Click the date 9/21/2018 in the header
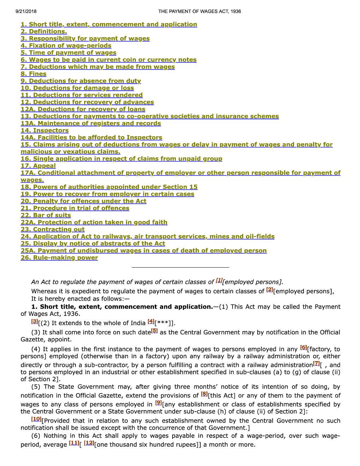click(x=26, y=11)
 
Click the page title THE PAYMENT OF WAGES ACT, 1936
click(x=199, y=11)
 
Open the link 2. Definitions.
click(x=44, y=31)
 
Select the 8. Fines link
click(x=34, y=74)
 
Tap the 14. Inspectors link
click(x=44, y=130)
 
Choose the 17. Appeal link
click(x=38, y=166)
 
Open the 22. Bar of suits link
click(x=46, y=215)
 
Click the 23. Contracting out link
click(x=53, y=229)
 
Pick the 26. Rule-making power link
click(x=59, y=257)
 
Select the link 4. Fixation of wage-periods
click(x=66, y=46)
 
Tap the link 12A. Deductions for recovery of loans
click(x=83, y=109)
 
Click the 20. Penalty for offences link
click(x=83, y=201)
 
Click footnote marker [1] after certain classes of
click(x=219, y=280)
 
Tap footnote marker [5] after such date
click(x=154, y=331)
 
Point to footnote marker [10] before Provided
click(x=36, y=419)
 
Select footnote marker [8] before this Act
click(x=204, y=394)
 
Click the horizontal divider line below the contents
click(x=180, y=267)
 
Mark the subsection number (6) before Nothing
click(x=36, y=436)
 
